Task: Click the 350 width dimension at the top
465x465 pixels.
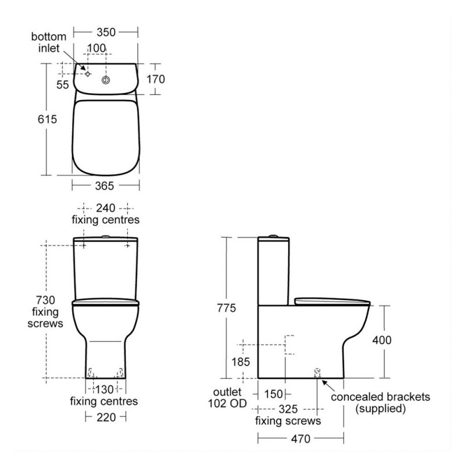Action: (x=105, y=31)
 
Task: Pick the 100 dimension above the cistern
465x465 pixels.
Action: (x=96, y=48)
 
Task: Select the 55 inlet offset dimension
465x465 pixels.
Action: (x=62, y=85)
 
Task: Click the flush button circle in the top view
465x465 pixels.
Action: (x=106, y=79)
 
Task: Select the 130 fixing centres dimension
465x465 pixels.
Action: (x=105, y=389)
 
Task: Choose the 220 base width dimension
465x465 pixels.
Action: (x=105, y=417)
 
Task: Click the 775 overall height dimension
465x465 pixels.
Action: (x=225, y=309)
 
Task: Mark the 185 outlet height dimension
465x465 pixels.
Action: (x=240, y=362)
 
